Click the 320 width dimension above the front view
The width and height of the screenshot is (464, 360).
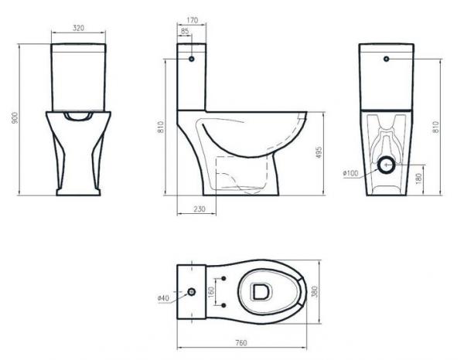tap(78, 28)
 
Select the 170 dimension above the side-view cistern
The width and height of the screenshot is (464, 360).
tap(193, 20)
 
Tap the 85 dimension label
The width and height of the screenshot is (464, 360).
tap(185, 31)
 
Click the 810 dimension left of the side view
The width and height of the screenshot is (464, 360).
tap(161, 127)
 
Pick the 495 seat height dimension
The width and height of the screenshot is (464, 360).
tap(319, 152)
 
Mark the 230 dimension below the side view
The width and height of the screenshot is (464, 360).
tap(200, 209)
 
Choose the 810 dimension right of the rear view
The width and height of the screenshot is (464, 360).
tap(436, 127)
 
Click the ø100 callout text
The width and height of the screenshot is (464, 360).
tap(350, 173)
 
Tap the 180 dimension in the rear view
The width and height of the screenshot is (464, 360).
tap(418, 178)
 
